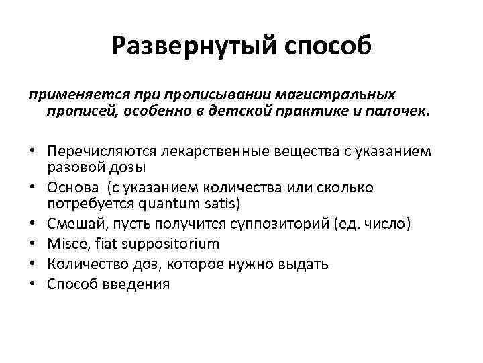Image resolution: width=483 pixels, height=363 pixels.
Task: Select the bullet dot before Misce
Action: pyautogui.click(x=32, y=244)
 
